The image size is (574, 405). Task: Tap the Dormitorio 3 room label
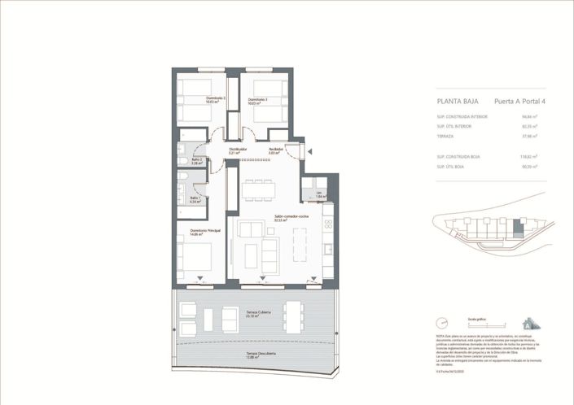(259, 100)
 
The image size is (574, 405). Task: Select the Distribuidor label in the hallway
(238, 150)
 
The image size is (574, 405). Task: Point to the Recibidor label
(276, 150)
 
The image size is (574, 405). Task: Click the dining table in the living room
(257, 189)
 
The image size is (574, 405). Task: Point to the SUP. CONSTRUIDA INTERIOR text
(462, 116)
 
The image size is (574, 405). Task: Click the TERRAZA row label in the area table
(445, 137)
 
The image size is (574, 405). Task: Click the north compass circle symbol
(441, 323)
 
